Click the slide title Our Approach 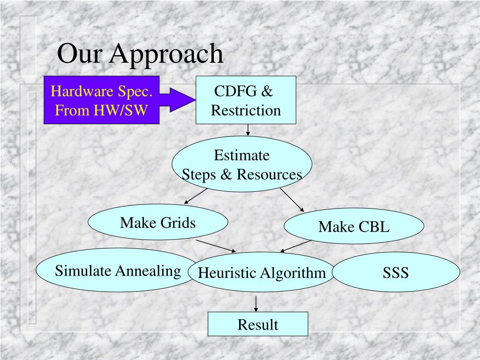[140, 54]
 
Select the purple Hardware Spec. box [102, 100]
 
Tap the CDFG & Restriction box [246, 100]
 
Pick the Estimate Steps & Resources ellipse [242, 164]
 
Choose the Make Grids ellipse [158, 222]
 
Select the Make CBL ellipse [354, 227]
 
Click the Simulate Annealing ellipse [118, 270]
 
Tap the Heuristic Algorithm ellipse [262, 272]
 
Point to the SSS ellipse [396, 272]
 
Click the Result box [258, 324]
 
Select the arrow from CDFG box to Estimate [248, 130]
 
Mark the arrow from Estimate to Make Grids [195, 196]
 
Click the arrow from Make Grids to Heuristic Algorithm [216, 246]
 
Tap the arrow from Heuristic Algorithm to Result [256, 303]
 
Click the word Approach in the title [166, 54]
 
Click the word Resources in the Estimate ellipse [269, 174]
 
